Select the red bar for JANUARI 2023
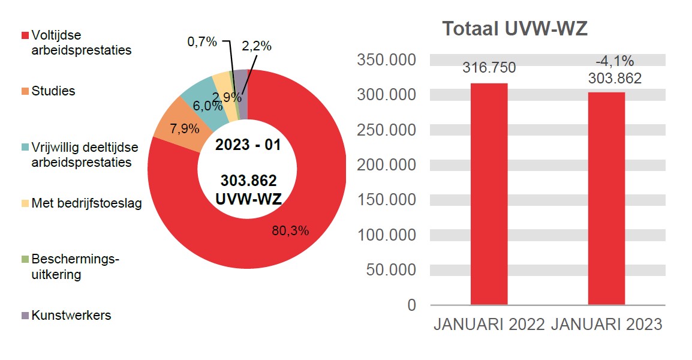606,198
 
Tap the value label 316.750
489,68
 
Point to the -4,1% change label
615,61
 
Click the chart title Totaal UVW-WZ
514,29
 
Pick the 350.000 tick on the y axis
386,60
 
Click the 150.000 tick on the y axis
386,200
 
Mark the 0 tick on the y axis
411,305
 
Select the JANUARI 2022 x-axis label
489,325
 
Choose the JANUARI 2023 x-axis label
606,325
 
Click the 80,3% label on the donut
290,230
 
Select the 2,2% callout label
257,46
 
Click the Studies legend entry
53,91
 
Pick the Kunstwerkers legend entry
71,316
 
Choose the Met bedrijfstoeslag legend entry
86,203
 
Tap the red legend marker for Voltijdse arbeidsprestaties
25,35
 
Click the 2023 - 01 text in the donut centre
248,145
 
